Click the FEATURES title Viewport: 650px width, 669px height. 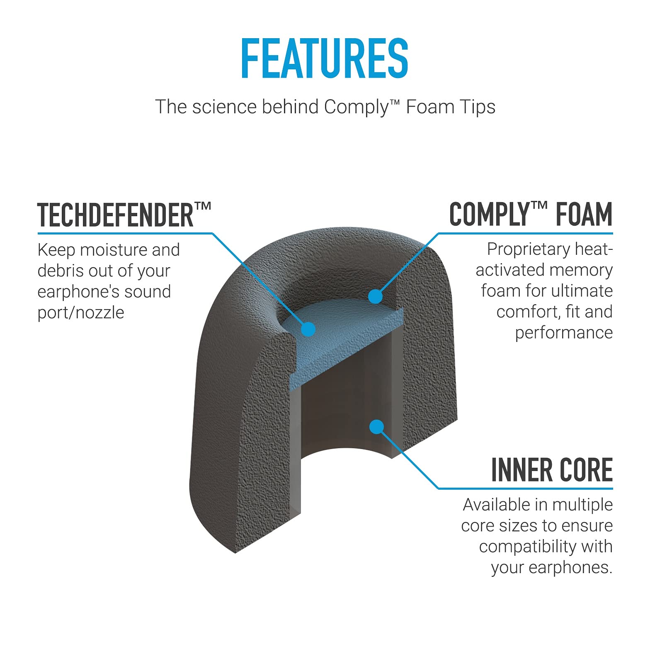coord(325,58)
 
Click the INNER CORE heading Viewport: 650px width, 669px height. coord(552,470)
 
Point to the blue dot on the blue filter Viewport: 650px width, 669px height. coord(308,330)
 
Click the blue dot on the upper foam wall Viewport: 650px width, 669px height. coord(375,296)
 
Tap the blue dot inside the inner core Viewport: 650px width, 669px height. coord(376,427)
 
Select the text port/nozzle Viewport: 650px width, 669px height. coord(81,313)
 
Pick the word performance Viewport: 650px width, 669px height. coord(564,333)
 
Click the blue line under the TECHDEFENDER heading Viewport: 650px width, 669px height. coord(125,233)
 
